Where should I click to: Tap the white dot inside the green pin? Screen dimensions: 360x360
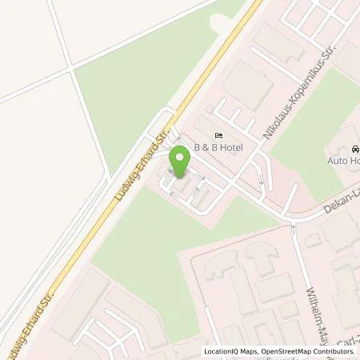tap(180, 158)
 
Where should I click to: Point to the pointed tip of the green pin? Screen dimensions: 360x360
tap(180, 177)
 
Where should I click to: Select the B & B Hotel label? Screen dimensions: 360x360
tap(218, 148)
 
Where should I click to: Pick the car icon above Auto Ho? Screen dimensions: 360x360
tap(355, 150)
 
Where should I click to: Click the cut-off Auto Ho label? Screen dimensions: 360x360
tap(343, 161)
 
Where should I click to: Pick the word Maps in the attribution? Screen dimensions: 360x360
tap(249, 351)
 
